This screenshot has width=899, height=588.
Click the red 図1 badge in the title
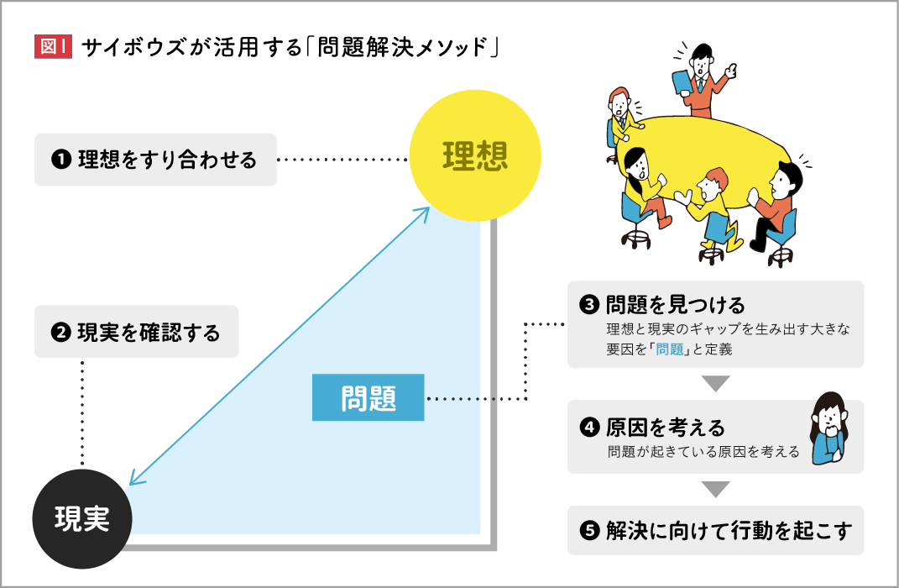tap(54, 47)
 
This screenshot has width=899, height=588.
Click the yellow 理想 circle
tap(475, 157)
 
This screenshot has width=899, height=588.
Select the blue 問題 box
tap(368, 397)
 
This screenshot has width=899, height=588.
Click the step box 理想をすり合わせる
tap(155, 160)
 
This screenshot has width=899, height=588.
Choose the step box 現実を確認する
tap(137, 333)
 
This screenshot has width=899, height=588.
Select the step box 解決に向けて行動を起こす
tap(715, 530)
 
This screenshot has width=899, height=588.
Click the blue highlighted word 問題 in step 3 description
tap(670, 349)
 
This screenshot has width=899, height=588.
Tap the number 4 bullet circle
tap(589, 428)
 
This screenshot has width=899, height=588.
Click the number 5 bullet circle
tap(589, 531)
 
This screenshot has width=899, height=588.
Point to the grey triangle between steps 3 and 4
tap(715, 384)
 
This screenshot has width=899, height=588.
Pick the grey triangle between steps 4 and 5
tap(715, 489)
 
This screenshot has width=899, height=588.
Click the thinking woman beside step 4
tap(828, 428)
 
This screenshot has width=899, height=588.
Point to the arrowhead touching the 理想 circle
tap(424, 210)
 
